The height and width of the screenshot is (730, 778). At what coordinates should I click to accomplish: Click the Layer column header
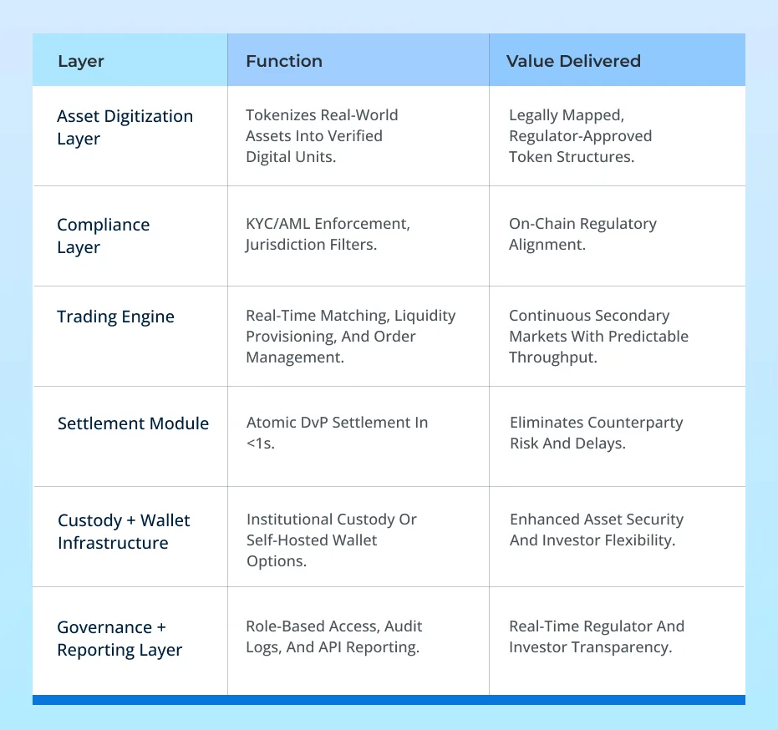pos(81,62)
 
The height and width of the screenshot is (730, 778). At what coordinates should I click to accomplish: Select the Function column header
pos(284,61)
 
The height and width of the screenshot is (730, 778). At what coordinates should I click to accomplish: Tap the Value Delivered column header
pos(573,61)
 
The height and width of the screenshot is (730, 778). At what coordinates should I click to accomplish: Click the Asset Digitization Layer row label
pos(125,128)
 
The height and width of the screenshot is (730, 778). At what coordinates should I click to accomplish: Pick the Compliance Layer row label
pos(104,236)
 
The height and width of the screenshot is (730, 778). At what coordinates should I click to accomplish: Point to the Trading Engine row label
pos(115,317)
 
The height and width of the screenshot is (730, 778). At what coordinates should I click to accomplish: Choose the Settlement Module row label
pos(133,423)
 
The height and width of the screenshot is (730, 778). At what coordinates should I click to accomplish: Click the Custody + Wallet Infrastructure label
pos(124,531)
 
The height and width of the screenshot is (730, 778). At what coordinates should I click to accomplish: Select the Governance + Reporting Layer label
pos(119,639)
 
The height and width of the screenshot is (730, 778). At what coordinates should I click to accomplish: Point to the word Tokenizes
pos(282,115)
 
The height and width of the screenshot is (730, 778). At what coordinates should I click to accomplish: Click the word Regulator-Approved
pos(581,136)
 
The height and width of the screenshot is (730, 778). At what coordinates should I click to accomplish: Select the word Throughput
pos(552,357)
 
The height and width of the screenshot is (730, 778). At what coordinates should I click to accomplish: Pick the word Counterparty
pos(635,423)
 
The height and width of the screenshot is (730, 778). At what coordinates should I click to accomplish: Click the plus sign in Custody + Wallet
pos(131,520)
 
